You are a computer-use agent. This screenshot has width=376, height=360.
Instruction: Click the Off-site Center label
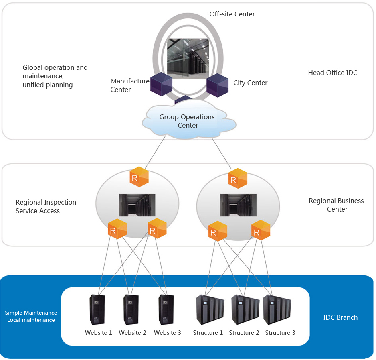pyautogui.click(x=232, y=14)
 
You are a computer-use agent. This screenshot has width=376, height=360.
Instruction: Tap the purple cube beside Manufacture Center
pyautogui.click(x=161, y=84)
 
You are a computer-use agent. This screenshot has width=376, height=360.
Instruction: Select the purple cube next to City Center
pyautogui.click(x=217, y=84)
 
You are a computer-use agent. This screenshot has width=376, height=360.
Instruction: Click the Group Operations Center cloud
pyautogui.click(x=187, y=121)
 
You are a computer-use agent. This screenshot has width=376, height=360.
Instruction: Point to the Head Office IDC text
pyautogui.click(x=332, y=73)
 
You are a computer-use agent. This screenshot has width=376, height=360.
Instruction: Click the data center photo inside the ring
pyautogui.click(x=188, y=59)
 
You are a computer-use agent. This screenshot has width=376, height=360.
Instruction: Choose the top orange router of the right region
pyautogui.click(x=238, y=178)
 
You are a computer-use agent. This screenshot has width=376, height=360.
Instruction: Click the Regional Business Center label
pyautogui.click(x=336, y=205)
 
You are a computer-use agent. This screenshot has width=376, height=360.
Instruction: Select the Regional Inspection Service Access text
pyautogui.click(x=46, y=206)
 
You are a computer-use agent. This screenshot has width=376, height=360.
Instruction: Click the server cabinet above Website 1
pyautogui.click(x=97, y=309)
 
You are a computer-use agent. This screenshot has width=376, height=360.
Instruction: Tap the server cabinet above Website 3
pyautogui.click(x=166, y=309)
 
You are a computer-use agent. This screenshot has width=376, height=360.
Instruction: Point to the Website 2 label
pyautogui.click(x=132, y=333)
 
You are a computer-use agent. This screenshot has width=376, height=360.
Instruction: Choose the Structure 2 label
pyautogui.click(x=244, y=333)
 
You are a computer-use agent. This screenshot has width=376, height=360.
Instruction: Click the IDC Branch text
pyautogui.click(x=340, y=317)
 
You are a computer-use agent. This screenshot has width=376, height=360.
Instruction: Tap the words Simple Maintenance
pyautogui.click(x=31, y=313)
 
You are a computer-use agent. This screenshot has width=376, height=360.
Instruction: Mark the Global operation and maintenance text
pyautogui.click(x=55, y=71)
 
